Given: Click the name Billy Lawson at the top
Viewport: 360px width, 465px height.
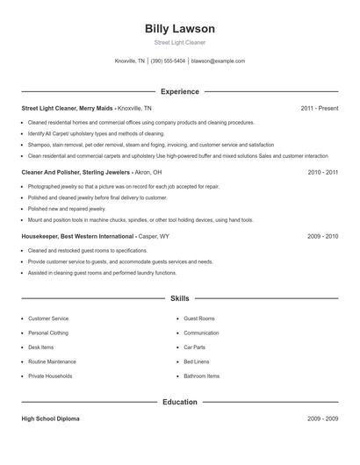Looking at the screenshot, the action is pyautogui.click(x=179, y=29).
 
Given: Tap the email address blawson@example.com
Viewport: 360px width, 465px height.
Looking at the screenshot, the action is pyautogui.click(x=218, y=61).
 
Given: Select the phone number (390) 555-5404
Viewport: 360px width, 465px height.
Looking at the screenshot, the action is pyautogui.click(x=168, y=61).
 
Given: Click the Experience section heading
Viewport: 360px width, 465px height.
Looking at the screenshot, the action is pyautogui.click(x=179, y=91).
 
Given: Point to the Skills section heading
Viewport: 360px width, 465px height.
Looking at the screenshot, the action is pyautogui.click(x=179, y=298).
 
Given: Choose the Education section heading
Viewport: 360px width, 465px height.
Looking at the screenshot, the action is pyautogui.click(x=179, y=402).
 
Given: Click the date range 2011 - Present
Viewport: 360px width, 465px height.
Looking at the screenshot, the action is pyautogui.click(x=319, y=108).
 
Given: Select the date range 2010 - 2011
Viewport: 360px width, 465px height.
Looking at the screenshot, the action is pyautogui.click(x=323, y=173).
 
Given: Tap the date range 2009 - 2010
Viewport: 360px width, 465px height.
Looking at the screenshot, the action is pyautogui.click(x=323, y=236).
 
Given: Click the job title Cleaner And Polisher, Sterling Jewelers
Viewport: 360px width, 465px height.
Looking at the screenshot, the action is pyautogui.click(x=75, y=173).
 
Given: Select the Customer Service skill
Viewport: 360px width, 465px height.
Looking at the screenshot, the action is pyautogui.click(x=48, y=318).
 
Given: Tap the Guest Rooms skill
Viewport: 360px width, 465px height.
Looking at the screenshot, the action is pyautogui.click(x=199, y=318).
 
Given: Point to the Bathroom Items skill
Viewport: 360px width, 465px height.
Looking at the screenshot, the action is pyautogui.click(x=202, y=376).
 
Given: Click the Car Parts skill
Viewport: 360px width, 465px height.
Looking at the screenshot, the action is pyautogui.click(x=195, y=347).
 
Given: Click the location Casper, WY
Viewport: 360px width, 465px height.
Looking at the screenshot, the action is pyautogui.click(x=155, y=236).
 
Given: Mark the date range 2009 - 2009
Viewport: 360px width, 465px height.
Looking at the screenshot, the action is pyautogui.click(x=323, y=419).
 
